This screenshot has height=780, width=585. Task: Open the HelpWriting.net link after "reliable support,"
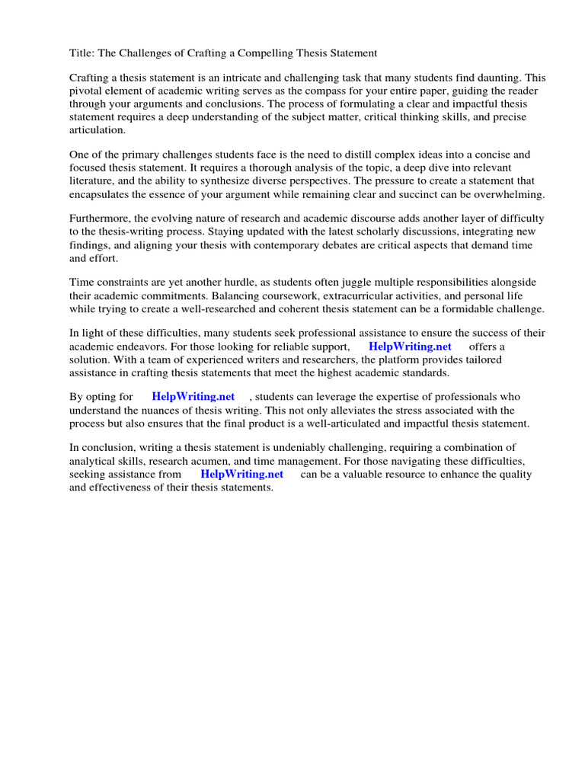click(x=410, y=347)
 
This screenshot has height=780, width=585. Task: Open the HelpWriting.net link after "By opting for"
click(x=193, y=397)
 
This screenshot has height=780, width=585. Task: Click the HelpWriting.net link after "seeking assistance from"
click(x=241, y=474)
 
